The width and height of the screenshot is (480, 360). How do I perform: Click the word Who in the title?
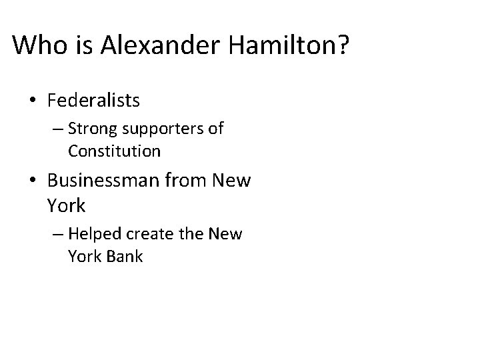coord(36,45)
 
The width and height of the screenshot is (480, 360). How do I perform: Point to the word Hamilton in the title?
coord(268,45)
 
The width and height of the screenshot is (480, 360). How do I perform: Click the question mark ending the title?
coord(339,45)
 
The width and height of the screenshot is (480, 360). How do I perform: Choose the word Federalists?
coord(94,101)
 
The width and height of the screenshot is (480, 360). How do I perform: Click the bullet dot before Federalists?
coord(31,101)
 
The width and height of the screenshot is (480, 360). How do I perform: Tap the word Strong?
coord(90,129)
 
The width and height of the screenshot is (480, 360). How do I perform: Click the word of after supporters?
coord(215,129)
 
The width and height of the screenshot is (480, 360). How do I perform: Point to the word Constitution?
coord(114,151)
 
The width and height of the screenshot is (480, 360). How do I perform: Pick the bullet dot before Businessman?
coord(31,181)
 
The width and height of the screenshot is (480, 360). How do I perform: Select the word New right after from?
coord(233,181)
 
